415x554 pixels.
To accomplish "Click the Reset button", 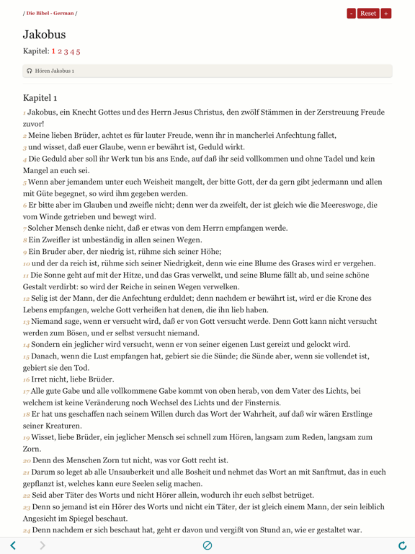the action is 368,13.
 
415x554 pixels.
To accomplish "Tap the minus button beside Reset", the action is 351,13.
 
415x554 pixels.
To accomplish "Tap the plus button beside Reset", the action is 386,13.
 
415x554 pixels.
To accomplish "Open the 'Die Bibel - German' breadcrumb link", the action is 50,13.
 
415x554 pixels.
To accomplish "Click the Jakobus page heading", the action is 44,34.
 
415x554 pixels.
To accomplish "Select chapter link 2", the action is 59,51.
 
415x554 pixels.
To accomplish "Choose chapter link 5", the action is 78,51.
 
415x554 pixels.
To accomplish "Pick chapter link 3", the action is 66,51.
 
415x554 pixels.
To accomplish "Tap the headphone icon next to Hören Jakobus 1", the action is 30,71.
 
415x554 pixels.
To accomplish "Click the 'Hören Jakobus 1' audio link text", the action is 55,71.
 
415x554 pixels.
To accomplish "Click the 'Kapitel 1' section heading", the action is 40,97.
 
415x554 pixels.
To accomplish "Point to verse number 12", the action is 26,299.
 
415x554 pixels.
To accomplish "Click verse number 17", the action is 26,392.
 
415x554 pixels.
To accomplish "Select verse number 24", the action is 27,531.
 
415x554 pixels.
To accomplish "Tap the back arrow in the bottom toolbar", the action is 13,545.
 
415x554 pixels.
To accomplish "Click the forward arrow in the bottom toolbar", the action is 43,545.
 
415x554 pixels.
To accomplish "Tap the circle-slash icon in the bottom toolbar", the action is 207,545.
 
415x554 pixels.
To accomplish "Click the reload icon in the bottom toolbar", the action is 402,545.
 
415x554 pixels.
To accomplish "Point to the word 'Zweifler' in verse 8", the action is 50,240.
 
